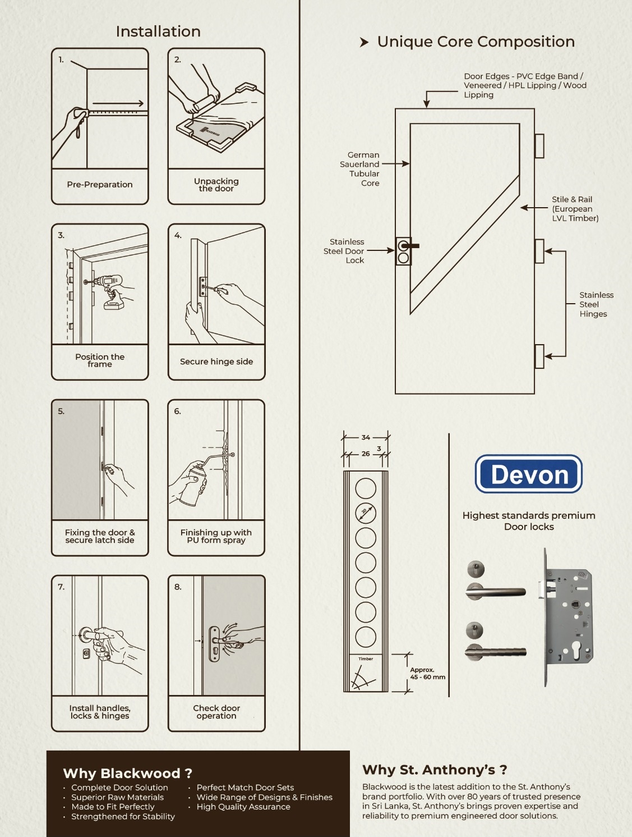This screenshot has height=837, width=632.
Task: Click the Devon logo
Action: click(x=528, y=474)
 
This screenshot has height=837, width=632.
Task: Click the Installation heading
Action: click(x=158, y=31)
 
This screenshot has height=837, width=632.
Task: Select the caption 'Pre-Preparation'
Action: click(x=100, y=185)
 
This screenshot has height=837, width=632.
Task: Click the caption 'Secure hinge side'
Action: click(x=216, y=362)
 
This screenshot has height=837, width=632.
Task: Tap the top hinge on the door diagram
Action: click(x=539, y=146)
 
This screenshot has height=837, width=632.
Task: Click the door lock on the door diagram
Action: click(x=404, y=251)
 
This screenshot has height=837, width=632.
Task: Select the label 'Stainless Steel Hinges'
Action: click(x=597, y=304)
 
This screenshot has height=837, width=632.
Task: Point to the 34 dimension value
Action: click(x=366, y=437)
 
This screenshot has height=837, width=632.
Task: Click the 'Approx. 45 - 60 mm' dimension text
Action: click(x=427, y=673)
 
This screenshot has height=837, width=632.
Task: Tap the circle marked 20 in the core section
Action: click(x=366, y=513)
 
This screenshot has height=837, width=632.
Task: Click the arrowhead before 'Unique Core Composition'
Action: click(x=364, y=42)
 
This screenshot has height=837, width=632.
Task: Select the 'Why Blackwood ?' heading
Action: click(x=128, y=774)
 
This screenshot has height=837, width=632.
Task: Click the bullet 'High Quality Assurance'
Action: click(x=243, y=807)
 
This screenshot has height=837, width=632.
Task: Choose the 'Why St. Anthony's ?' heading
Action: click(x=435, y=770)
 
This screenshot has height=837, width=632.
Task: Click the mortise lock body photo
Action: click(x=566, y=618)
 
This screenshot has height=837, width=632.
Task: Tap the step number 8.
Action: click(x=178, y=587)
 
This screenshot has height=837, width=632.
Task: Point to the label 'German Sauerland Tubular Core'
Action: click(x=359, y=169)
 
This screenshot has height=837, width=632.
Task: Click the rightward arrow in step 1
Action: click(x=118, y=103)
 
